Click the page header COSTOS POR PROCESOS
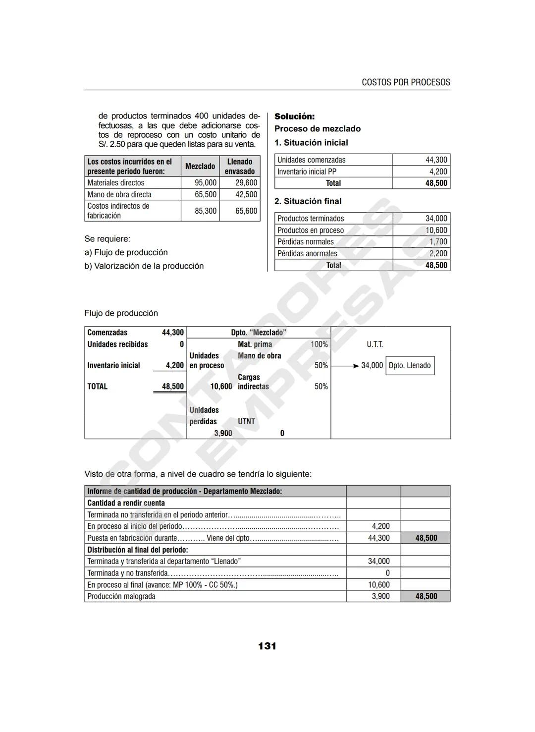click(406, 82)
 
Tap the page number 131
click(267, 646)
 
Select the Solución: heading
click(294, 116)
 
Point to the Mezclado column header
click(200, 167)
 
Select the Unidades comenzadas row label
click(311, 160)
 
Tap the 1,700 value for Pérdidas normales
click(438, 242)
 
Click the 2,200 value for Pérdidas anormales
click(438, 254)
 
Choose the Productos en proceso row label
click(310, 230)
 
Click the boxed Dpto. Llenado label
click(410, 366)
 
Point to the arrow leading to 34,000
click(345, 366)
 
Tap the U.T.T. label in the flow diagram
click(374, 344)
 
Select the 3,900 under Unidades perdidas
click(223, 433)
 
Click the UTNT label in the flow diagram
click(246, 422)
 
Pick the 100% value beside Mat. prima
click(319, 344)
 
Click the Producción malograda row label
click(121, 597)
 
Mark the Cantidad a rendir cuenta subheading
click(126, 503)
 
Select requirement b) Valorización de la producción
click(144, 266)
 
